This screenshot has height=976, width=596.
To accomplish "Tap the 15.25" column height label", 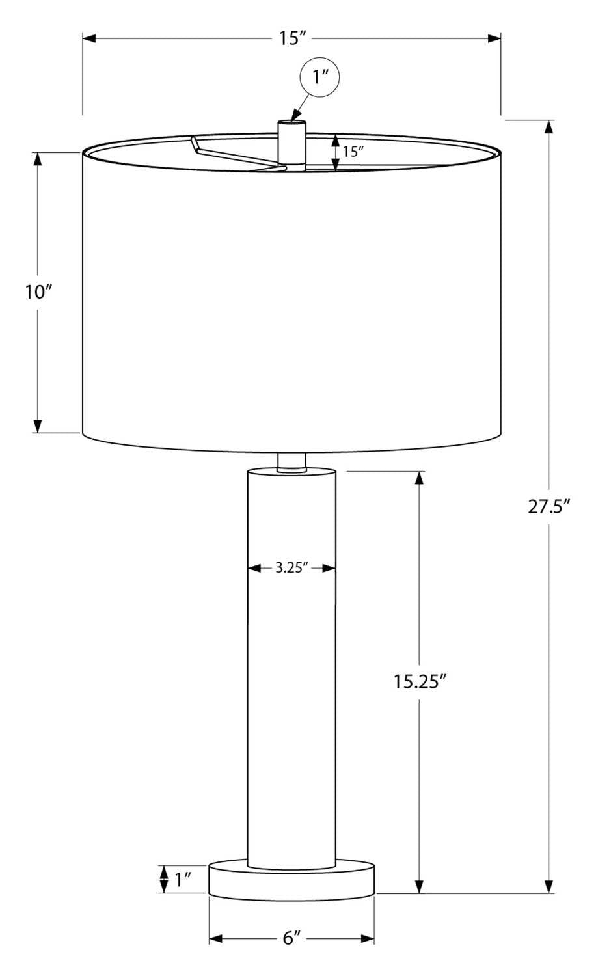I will tap(419, 681).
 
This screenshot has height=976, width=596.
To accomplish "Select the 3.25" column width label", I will tap(291, 568).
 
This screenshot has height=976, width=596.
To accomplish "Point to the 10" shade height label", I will tap(38, 292).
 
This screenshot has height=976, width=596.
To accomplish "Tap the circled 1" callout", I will tap(319, 78).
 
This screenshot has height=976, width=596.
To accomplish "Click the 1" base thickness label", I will tap(182, 880).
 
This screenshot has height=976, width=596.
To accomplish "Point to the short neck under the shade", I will tap(291, 461).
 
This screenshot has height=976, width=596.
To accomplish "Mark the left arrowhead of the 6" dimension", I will tap(215, 939).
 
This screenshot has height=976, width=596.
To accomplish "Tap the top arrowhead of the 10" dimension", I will tap(38, 158).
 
